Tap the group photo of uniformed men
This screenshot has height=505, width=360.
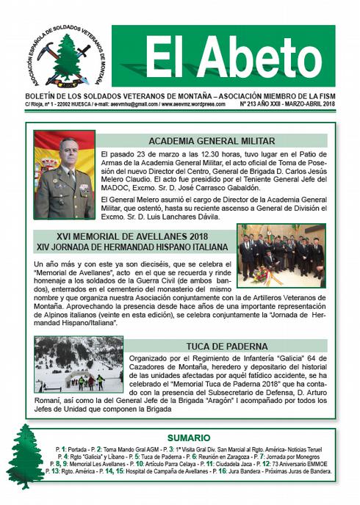[281, 255]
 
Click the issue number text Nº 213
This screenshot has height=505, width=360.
[251, 104]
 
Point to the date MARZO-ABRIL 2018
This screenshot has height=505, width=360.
[312, 104]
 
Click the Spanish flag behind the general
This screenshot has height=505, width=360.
[46, 150]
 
